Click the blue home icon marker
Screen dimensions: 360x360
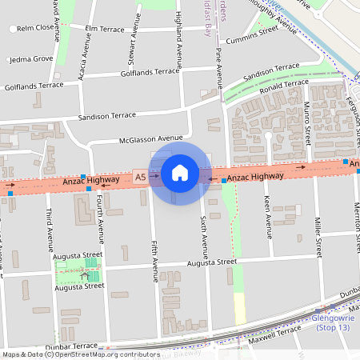click(180, 173)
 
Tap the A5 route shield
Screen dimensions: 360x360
click(141, 177)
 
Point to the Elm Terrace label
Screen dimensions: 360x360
click(105, 29)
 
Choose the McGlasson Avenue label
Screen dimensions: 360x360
click(150, 138)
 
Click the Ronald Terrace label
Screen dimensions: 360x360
click(278, 85)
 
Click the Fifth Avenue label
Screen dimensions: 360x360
click(154, 261)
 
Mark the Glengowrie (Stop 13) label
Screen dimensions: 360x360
click(334, 322)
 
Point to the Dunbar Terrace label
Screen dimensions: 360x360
click(71, 346)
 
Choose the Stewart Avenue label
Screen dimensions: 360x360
click(130, 54)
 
